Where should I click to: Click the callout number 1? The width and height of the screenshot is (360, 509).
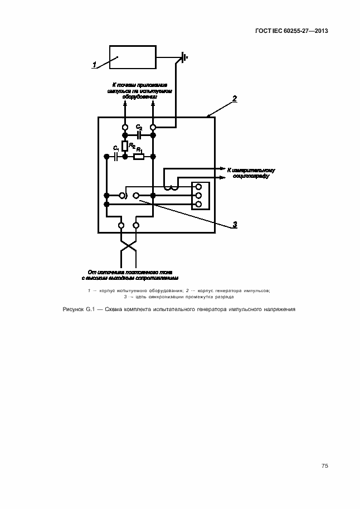pos(95,65)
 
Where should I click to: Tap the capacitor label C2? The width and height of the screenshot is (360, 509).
pos(139,128)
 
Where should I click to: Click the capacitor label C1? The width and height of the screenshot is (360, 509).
pos(115,148)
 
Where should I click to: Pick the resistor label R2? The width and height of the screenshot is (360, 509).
pos(132,146)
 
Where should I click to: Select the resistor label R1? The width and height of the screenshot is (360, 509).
pos(140,151)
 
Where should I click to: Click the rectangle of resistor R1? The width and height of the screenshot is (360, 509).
pos(139,157)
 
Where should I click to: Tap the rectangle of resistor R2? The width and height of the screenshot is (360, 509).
pos(125,146)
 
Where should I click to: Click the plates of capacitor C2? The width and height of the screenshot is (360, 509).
pos(139,135)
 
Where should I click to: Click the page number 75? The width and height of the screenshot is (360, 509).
pos(324,466)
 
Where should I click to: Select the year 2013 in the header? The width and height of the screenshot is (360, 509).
pos(320,31)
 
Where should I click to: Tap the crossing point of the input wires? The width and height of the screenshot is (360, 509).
pos(129,245)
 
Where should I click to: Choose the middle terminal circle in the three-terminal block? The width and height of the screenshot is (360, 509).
pos(198,195)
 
